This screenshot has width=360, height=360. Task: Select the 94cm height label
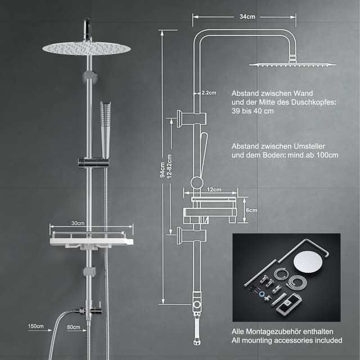[162, 169]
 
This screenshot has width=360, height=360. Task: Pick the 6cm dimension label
[251, 210]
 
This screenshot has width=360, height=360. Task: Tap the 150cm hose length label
[35, 326]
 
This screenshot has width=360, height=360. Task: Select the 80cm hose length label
[73, 326]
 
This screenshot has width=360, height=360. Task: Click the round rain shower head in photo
[86, 48]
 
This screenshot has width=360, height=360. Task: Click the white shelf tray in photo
[91, 241]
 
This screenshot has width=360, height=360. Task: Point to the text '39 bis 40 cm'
[253, 111]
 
